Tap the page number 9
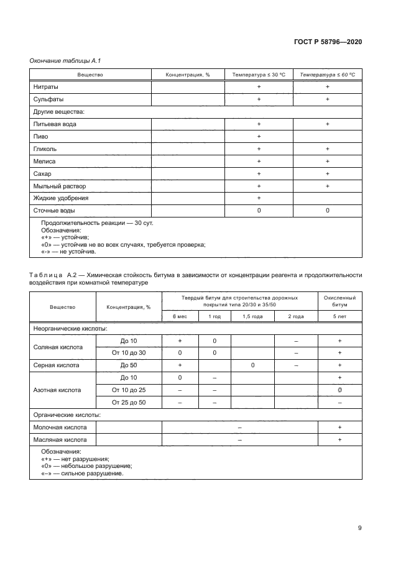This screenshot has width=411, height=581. (360, 528)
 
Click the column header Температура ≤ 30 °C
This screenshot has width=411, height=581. (259, 75)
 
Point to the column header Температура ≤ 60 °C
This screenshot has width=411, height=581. (327, 75)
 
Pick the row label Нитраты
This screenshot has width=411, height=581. (46, 87)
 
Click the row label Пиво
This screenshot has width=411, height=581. (40, 137)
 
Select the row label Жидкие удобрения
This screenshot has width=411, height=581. (61, 198)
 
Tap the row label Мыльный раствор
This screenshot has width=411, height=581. (60, 186)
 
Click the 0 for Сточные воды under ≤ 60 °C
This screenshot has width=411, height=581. (327, 211)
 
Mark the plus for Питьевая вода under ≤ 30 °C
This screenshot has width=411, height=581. (259, 124)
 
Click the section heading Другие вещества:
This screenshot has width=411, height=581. (59, 112)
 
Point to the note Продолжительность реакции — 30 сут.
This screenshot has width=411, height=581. (88, 222)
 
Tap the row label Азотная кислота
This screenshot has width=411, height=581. (57, 390)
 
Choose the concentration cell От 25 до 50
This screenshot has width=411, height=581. (128, 403)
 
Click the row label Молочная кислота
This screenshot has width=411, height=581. (60, 428)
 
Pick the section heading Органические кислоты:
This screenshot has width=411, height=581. (67, 415)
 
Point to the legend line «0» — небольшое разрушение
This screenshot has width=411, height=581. (86, 465)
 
